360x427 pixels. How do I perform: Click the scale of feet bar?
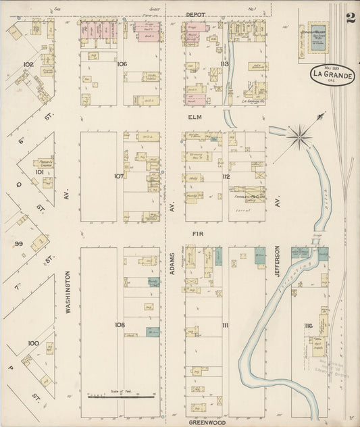(122, 396)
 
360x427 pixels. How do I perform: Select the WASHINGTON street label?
(69, 293)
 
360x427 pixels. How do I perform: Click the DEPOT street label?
(195, 14)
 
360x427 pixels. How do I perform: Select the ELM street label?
(195, 116)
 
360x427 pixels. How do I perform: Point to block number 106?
(121, 64)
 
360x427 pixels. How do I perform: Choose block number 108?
(120, 325)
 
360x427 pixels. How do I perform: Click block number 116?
(308, 326)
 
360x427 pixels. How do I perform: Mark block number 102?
(28, 64)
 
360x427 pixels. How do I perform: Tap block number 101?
(39, 172)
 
